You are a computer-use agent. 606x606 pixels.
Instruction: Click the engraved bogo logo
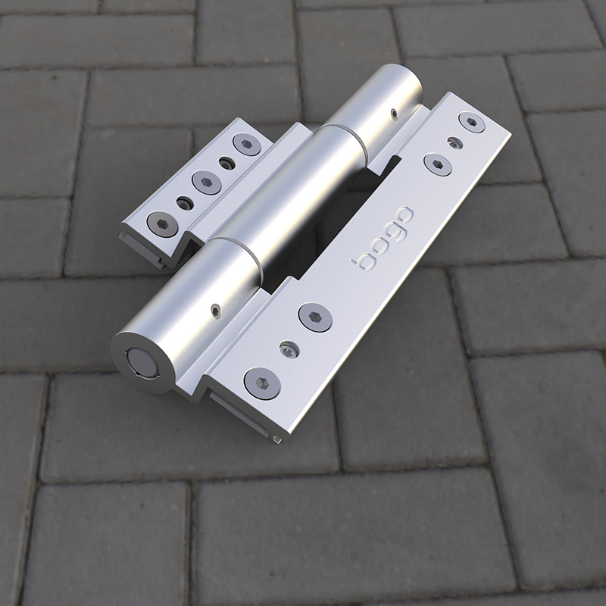[382, 238]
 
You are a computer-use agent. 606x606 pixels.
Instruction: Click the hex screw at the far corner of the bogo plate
[471, 122]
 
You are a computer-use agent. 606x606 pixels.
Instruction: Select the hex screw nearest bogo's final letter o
[438, 164]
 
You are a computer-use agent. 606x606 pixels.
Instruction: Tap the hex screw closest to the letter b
[315, 317]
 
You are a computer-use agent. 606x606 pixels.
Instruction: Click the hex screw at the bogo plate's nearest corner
[263, 383]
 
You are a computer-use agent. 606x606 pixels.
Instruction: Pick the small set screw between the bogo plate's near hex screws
[289, 350]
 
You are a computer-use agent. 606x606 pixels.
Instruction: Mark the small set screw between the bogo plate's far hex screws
[455, 143]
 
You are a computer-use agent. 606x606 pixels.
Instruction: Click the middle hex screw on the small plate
[207, 182]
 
